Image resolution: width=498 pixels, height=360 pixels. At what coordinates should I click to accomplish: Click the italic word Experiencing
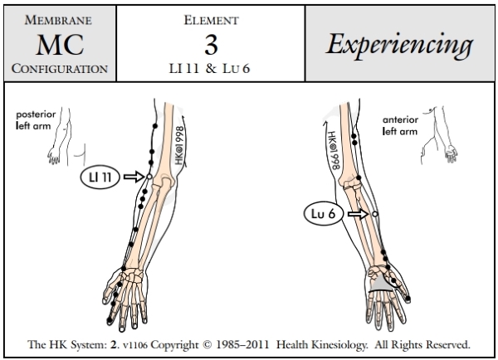pos(402,42)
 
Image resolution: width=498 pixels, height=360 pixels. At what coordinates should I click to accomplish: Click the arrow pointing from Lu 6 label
pos(359,214)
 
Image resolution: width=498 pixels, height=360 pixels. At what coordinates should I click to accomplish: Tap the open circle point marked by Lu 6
pos(375,214)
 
